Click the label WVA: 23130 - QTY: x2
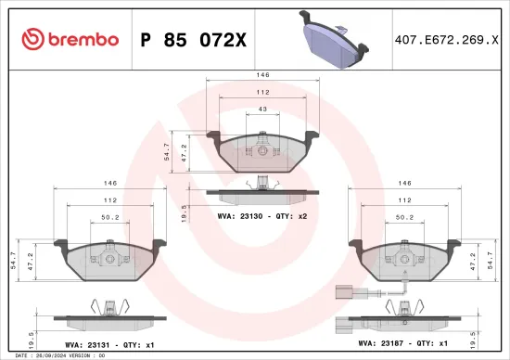coord(262,214)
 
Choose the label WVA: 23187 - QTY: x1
coord(403,342)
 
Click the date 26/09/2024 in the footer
coord(50,354)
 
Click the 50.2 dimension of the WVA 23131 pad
coord(111,218)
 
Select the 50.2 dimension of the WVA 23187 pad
coord(404,218)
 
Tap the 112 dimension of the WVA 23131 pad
coord(111,200)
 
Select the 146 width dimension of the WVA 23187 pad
coord(404,184)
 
